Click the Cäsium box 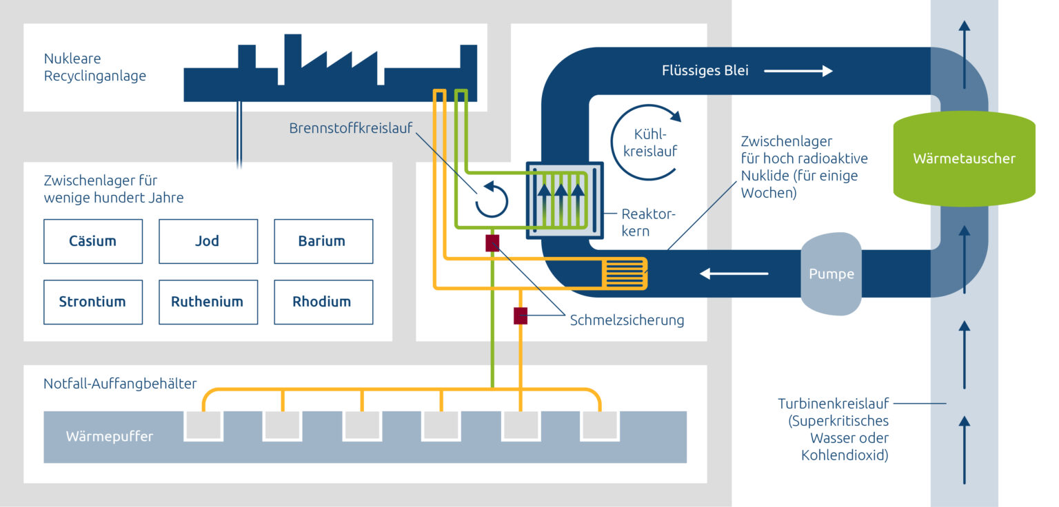pyautogui.click(x=92, y=241)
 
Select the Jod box pyautogui.click(x=208, y=241)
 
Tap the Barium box pyautogui.click(x=323, y=241)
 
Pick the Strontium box pyautogui.click(x=92, y=302)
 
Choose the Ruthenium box pyautogui.click(x=208, y=302)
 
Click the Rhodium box pyautogui.click(x=323, y=302)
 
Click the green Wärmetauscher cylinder pyautogui.click(x=964, y=158)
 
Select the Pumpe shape pyautogui.click(x=831, y=273)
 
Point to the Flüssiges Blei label pyautogui.click(x=705, y=70)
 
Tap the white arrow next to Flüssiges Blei pyautogui.click(x=798, y=70)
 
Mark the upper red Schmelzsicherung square pyautogui.click(x=492, y=242)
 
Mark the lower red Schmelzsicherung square pyautogui.click(x=521, y=316)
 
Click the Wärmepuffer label pyautogui.click(x=109, y=436)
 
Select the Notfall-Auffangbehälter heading pyautogui.click(x=120, y=383)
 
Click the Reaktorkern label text pyautogui.click(x=648, y=222)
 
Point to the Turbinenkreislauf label pyautogui.click(x=833, y=404)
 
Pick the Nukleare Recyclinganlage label pyautogui.click(x=94, y=68)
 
